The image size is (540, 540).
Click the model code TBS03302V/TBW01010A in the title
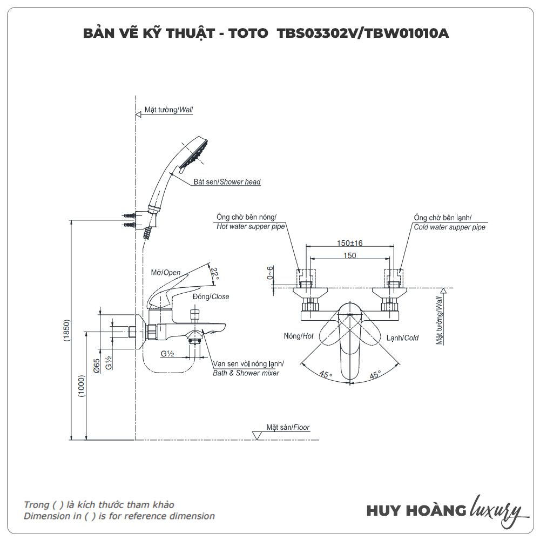[x=363, y=33]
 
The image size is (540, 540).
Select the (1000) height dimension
[x=82, y=386]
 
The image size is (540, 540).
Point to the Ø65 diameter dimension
[x=96, y=367]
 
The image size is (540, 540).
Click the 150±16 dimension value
[x=350, y=244]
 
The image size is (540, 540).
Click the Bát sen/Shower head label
[x=227, y=183]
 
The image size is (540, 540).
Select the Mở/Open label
[x=165, y=273]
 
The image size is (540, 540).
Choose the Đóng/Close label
[x=211, y=296]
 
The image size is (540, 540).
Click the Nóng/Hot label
[x=299, y=336]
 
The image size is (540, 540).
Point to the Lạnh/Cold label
[x=402, y=338]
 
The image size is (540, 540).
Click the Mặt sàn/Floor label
[x=287, y=427]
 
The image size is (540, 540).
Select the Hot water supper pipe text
[x=251, y=227]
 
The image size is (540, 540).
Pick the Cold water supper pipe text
[x=449, y=227]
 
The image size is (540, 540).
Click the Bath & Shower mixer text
[x=246, y=373]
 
